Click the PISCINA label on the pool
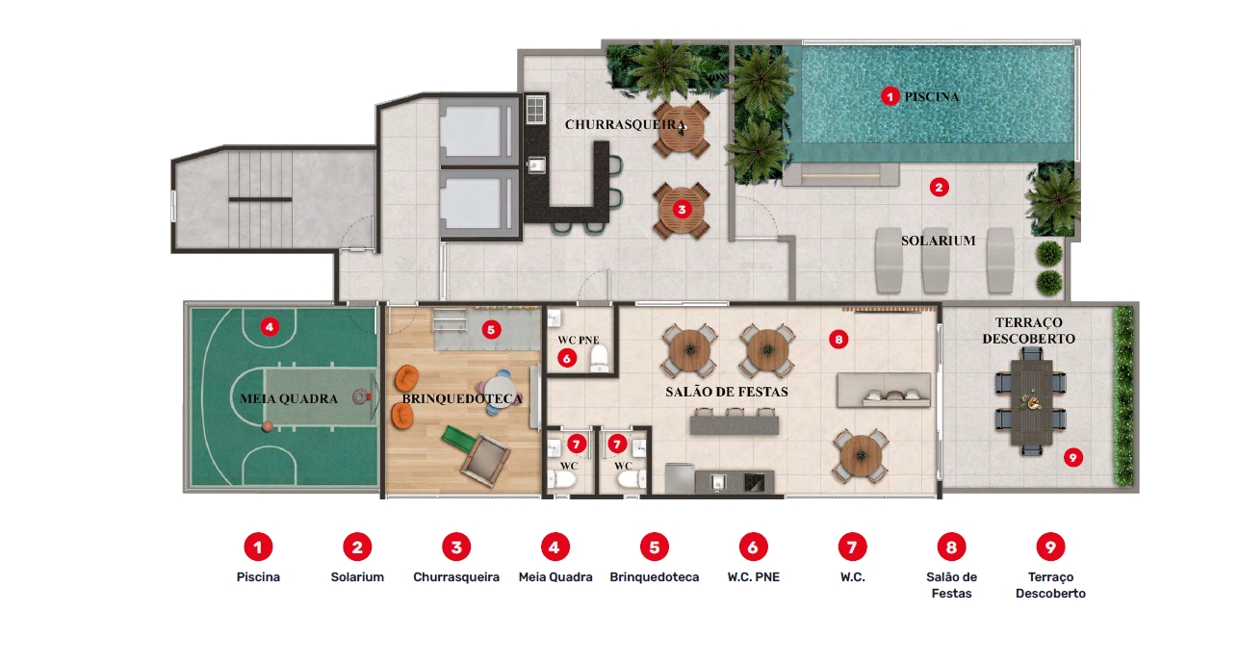point(931,96)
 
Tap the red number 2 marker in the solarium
point(939,188)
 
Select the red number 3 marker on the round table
point(682,210)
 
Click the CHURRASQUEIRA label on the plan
point(625,124)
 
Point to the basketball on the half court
point(268,426)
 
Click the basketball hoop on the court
point(364,396)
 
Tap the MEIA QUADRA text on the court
point(289,398)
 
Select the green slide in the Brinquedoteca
point(458,438)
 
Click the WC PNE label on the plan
point(579,340)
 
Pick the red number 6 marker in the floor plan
point(566,359)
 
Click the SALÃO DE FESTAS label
point(727,392)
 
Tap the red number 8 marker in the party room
point(838,339)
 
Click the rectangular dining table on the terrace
point(1031,402)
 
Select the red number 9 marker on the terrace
point(1072,457)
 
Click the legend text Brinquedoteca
point(655,576)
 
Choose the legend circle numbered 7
point(852,547)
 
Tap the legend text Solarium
point(357,576)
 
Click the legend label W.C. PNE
point(754,576)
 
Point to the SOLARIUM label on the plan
point(938,241)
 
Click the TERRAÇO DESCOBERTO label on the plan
point(1028,330)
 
